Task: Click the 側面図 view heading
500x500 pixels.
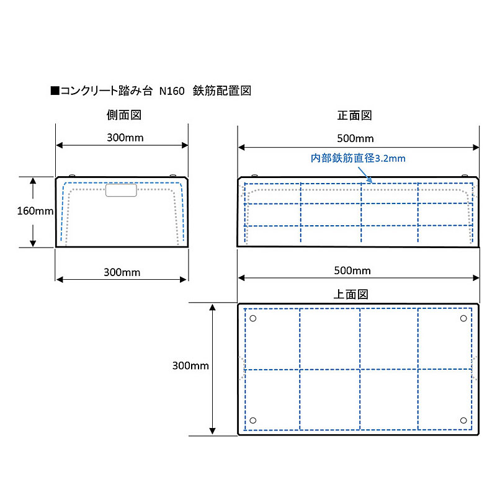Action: [124, 115]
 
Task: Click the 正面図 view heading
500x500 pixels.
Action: [355, 115]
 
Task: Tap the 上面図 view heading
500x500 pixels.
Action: [350, 294]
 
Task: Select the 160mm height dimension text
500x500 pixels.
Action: [35, 211]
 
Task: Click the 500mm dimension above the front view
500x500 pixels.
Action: [355, 138]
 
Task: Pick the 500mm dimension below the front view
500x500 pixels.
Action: [352, 270]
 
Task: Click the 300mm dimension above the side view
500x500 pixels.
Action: [125, 138]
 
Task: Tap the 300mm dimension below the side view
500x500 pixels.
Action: [122, 272]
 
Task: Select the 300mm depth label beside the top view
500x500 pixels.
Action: [190, 365]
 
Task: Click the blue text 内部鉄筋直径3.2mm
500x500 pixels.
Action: [358, 158]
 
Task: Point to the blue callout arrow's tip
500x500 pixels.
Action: [372, 183]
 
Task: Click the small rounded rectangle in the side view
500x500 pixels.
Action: [121, 190]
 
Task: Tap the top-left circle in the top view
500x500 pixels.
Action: [253, 318]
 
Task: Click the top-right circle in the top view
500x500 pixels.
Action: [463, 318]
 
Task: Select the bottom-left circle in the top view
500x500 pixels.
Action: [253, 420]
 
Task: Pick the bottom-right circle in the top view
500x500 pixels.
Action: [463, 421]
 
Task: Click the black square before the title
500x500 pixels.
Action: [55, 91]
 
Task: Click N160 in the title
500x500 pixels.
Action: [172, 91]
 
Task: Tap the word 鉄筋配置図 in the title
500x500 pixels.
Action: [222, 91]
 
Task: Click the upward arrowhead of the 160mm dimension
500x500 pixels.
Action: [33, 181]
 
